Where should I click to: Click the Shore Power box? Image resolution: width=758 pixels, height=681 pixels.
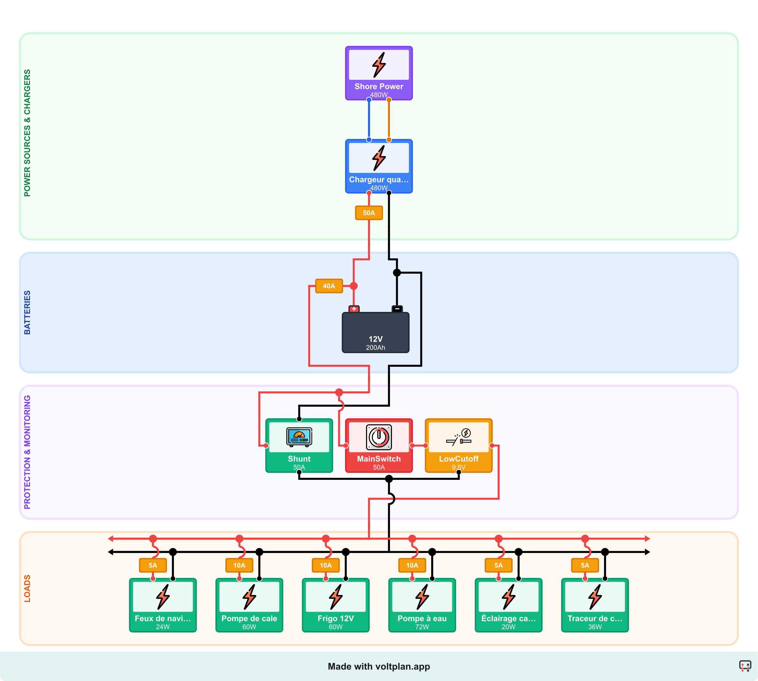coord(379,73)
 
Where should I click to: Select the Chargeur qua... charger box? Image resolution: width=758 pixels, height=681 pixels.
coord(379,166)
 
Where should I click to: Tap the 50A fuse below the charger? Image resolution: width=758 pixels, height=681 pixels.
coord(369,213)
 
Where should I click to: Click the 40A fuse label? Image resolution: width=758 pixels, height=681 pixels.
coord(329,286)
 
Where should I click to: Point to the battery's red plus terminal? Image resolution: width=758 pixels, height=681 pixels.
coord(354,309)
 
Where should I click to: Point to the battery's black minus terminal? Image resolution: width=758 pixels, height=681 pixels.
coord(397,309)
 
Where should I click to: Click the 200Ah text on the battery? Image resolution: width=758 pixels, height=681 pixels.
coord(375,348)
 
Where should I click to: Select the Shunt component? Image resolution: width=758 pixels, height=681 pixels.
coord(299,445)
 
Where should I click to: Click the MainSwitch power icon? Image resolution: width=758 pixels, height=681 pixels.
coord(379,437)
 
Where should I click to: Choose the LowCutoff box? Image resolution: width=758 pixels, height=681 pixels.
coord(458,445)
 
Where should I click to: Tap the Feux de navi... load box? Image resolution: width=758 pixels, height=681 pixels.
coord(163,605)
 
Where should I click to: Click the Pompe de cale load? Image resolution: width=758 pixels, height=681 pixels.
coord(249,605)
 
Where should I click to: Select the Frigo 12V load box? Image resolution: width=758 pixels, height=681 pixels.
coord(335,605)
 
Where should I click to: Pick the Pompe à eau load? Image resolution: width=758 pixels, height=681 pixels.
coord(422,605)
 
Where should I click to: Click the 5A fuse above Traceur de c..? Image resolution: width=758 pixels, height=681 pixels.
coord(585,565)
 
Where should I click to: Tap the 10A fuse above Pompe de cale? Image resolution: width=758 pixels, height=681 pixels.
coord(239,565)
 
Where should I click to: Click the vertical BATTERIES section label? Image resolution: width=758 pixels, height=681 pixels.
coord(27,313)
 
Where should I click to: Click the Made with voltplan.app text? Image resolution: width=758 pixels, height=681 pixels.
coord(379,666)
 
